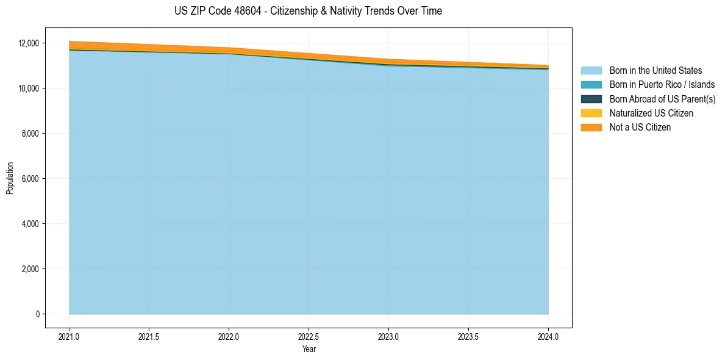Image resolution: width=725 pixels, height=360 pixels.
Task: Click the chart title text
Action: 308,11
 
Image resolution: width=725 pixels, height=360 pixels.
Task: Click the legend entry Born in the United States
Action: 655,71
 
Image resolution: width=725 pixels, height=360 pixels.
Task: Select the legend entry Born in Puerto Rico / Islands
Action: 662,85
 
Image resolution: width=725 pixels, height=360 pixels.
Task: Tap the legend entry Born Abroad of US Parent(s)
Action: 662,99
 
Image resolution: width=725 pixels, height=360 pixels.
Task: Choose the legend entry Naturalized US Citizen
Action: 651,113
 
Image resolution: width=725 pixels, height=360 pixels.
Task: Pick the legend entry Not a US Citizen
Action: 640,127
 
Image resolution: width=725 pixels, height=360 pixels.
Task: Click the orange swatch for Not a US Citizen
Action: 591,127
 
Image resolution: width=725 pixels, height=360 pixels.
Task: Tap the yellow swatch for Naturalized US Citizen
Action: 591,113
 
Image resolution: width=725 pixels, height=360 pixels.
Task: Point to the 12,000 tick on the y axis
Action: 29,43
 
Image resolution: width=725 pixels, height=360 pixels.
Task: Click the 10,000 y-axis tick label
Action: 29,88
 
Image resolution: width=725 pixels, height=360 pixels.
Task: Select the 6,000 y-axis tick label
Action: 30,179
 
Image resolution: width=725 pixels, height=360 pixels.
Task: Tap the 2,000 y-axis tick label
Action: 30,269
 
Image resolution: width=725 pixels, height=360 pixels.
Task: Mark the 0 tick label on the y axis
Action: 37,314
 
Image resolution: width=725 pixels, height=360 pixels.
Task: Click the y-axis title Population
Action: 10,178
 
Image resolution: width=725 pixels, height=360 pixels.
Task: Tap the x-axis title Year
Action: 309,349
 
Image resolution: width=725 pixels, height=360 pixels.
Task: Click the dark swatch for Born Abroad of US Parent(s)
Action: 591,99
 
